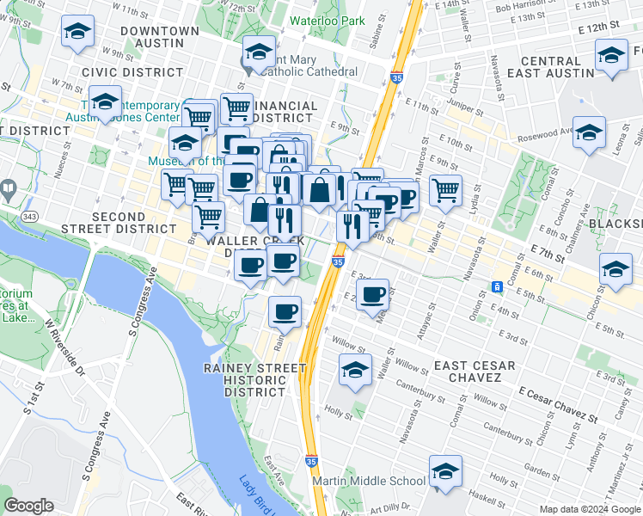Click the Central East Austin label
pyautogui.click(x=551, y=67)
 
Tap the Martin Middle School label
pyautogui.click(x=370, y=482)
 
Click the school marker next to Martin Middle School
pyautogui.click(x=445, y=471)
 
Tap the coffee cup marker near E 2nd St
pyautogui.click(x=372, y=295)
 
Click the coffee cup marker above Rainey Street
pyautogui.click(x=285, y=313)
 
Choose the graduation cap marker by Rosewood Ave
pyautogui.click(x=589, y=133)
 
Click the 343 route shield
pyautogui.click(x=30, y=214)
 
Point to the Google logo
pyautogui.click(x=29, y=506)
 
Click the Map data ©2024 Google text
pyautogui.click(x=590, y=509)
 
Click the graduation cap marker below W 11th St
pyautogui.click(x=77, y=33)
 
